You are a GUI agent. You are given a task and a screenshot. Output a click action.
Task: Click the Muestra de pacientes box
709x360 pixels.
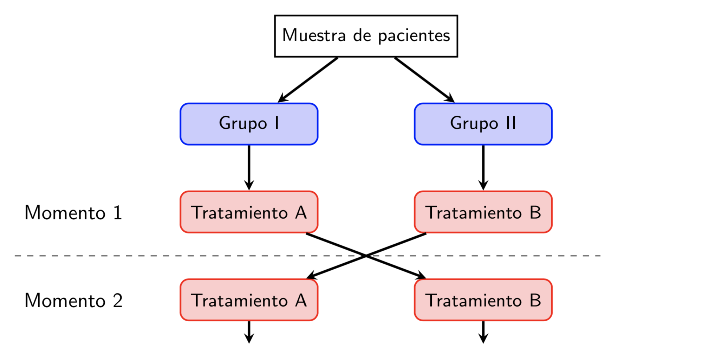tap(366, 36)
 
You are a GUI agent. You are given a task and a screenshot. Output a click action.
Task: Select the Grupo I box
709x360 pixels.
tap(249, 124)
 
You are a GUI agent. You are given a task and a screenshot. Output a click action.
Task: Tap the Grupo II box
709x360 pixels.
tap(483, 124)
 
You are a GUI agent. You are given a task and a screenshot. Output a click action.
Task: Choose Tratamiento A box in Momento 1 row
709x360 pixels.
tap(249, 212)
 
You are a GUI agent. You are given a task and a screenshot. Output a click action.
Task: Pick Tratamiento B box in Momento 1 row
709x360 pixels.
tap(483, 212)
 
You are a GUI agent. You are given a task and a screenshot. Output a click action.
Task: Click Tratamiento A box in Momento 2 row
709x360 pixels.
tap(249, 300)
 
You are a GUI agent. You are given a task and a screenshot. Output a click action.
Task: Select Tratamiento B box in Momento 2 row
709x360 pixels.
tap(483, 300)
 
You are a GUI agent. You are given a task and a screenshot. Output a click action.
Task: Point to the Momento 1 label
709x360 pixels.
tap(73, 213)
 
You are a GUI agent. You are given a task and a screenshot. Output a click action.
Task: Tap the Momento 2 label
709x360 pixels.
tap(73, 301)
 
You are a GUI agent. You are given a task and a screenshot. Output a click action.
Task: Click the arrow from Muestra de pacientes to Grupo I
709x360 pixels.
tap(307, 80)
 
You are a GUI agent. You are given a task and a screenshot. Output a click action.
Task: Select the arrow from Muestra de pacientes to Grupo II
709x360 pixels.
tap(424, 80)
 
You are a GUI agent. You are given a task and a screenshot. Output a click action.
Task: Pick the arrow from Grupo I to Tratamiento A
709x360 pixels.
tap(249, 168)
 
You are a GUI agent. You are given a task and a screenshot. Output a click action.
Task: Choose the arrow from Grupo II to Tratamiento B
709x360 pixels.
tap(483, 168)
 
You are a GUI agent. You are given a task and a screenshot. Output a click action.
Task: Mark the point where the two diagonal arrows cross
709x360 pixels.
tap(366, 256)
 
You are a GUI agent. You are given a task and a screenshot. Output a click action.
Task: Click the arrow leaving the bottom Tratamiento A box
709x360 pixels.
tap(249, 332)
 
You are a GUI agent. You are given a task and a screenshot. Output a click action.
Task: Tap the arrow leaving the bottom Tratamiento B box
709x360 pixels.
tap(483, 332)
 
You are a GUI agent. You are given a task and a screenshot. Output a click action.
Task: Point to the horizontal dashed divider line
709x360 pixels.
tap(307, 256)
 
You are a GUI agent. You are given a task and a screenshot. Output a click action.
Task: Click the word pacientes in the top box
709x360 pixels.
tap(414, 36)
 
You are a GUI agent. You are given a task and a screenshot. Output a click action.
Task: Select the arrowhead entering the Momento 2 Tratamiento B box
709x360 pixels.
tap(421, 276)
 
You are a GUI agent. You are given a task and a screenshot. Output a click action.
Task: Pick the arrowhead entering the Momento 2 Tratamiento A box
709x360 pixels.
tap(312, 276)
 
